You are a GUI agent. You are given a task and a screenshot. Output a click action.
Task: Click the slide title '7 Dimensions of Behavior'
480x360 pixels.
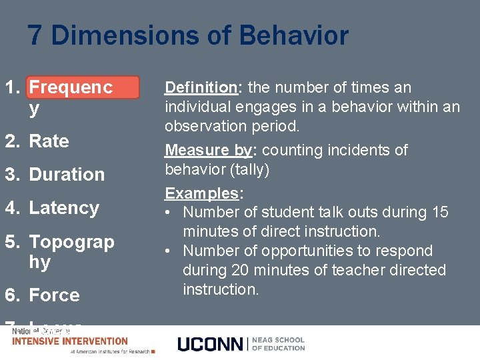(188, 35)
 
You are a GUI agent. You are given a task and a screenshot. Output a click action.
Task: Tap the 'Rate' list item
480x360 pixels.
(49, 141)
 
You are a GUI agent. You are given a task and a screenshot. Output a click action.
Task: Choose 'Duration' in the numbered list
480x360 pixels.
(67, 175)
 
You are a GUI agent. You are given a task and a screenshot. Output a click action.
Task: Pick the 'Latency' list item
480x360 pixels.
(64, 208)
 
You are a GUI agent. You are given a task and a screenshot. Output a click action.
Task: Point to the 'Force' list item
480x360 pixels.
(54, 295)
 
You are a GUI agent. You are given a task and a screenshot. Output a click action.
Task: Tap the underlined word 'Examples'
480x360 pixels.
(203, 193)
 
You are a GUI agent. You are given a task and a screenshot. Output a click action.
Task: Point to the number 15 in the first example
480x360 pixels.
(440, 213)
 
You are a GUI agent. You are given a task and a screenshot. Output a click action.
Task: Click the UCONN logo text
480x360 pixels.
(211, 344)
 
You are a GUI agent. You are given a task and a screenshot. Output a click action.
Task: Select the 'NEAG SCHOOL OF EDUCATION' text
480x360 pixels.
(278, 344)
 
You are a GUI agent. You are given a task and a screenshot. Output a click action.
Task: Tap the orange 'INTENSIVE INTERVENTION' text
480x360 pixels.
(70, 341)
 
